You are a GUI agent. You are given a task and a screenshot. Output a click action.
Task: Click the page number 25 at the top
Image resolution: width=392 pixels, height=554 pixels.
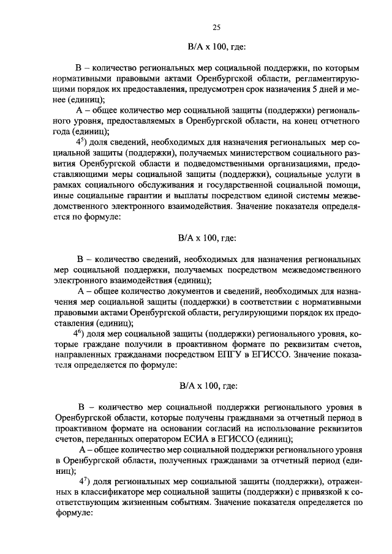pyautogui.click(x=216, y=26)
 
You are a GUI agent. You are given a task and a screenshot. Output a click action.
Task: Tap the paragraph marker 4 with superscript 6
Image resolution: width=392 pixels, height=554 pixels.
pyautogui.click(x=78, y=333)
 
